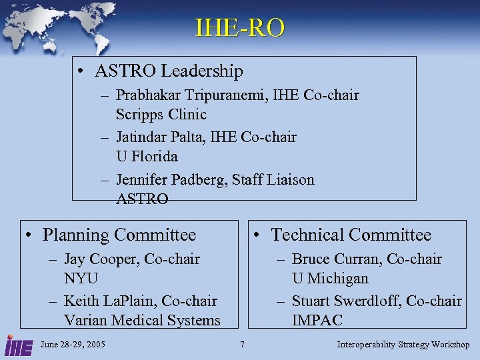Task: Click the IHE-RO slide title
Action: pos(240,28)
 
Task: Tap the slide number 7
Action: pos(242,345)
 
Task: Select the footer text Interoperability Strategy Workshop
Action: pos(403,345)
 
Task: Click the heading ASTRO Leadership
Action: pos(169,71)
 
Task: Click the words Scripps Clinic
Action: pos(161,114)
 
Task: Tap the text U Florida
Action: pos(147,156)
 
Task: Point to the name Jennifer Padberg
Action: pos(171,179)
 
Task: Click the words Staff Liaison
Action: pos(273,179)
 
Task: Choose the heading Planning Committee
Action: pos(119,235)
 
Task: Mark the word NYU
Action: pos(81,277)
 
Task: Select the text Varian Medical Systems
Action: pos(142,320)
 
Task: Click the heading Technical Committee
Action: pos(351,235)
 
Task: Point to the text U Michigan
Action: pos(330,277)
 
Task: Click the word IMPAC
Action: pos(317,320)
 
